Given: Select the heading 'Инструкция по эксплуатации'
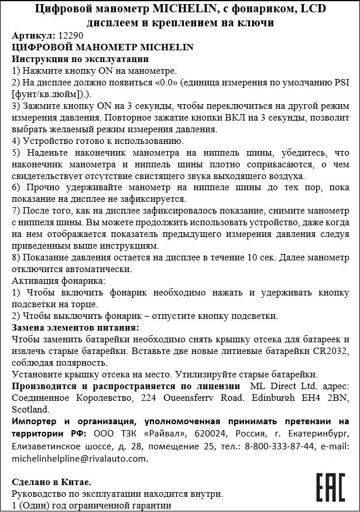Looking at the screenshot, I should pos(80,59).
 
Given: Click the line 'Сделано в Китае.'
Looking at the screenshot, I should pos(52,482).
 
